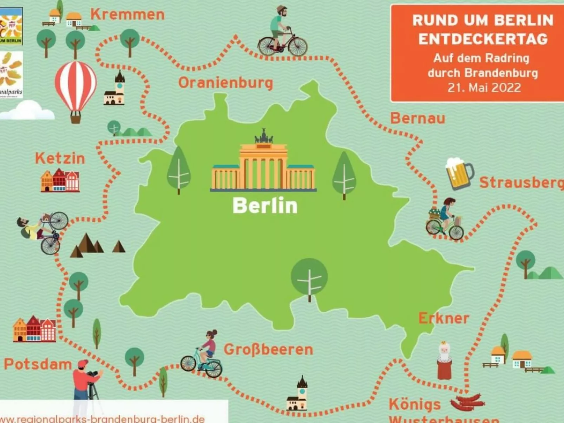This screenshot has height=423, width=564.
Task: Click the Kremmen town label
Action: point(127,15)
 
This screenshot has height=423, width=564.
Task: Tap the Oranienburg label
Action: point(225,83)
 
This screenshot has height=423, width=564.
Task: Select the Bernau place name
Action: point(418,118)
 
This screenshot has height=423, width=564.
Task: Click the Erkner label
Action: point(444,318)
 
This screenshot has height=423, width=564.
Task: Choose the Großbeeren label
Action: point(268,350)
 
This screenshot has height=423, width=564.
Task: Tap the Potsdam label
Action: point(38,364)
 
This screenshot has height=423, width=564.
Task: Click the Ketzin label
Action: point(60,159)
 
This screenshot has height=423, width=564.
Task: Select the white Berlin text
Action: point(265,205)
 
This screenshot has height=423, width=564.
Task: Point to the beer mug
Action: point(459,173)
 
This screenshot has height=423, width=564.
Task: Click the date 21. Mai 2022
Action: point(484,87)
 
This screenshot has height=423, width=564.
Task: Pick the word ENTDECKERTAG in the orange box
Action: point(483,39)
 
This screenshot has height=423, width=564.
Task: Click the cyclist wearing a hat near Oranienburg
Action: point(282,32)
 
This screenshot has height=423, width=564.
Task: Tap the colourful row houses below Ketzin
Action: point(60,180)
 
